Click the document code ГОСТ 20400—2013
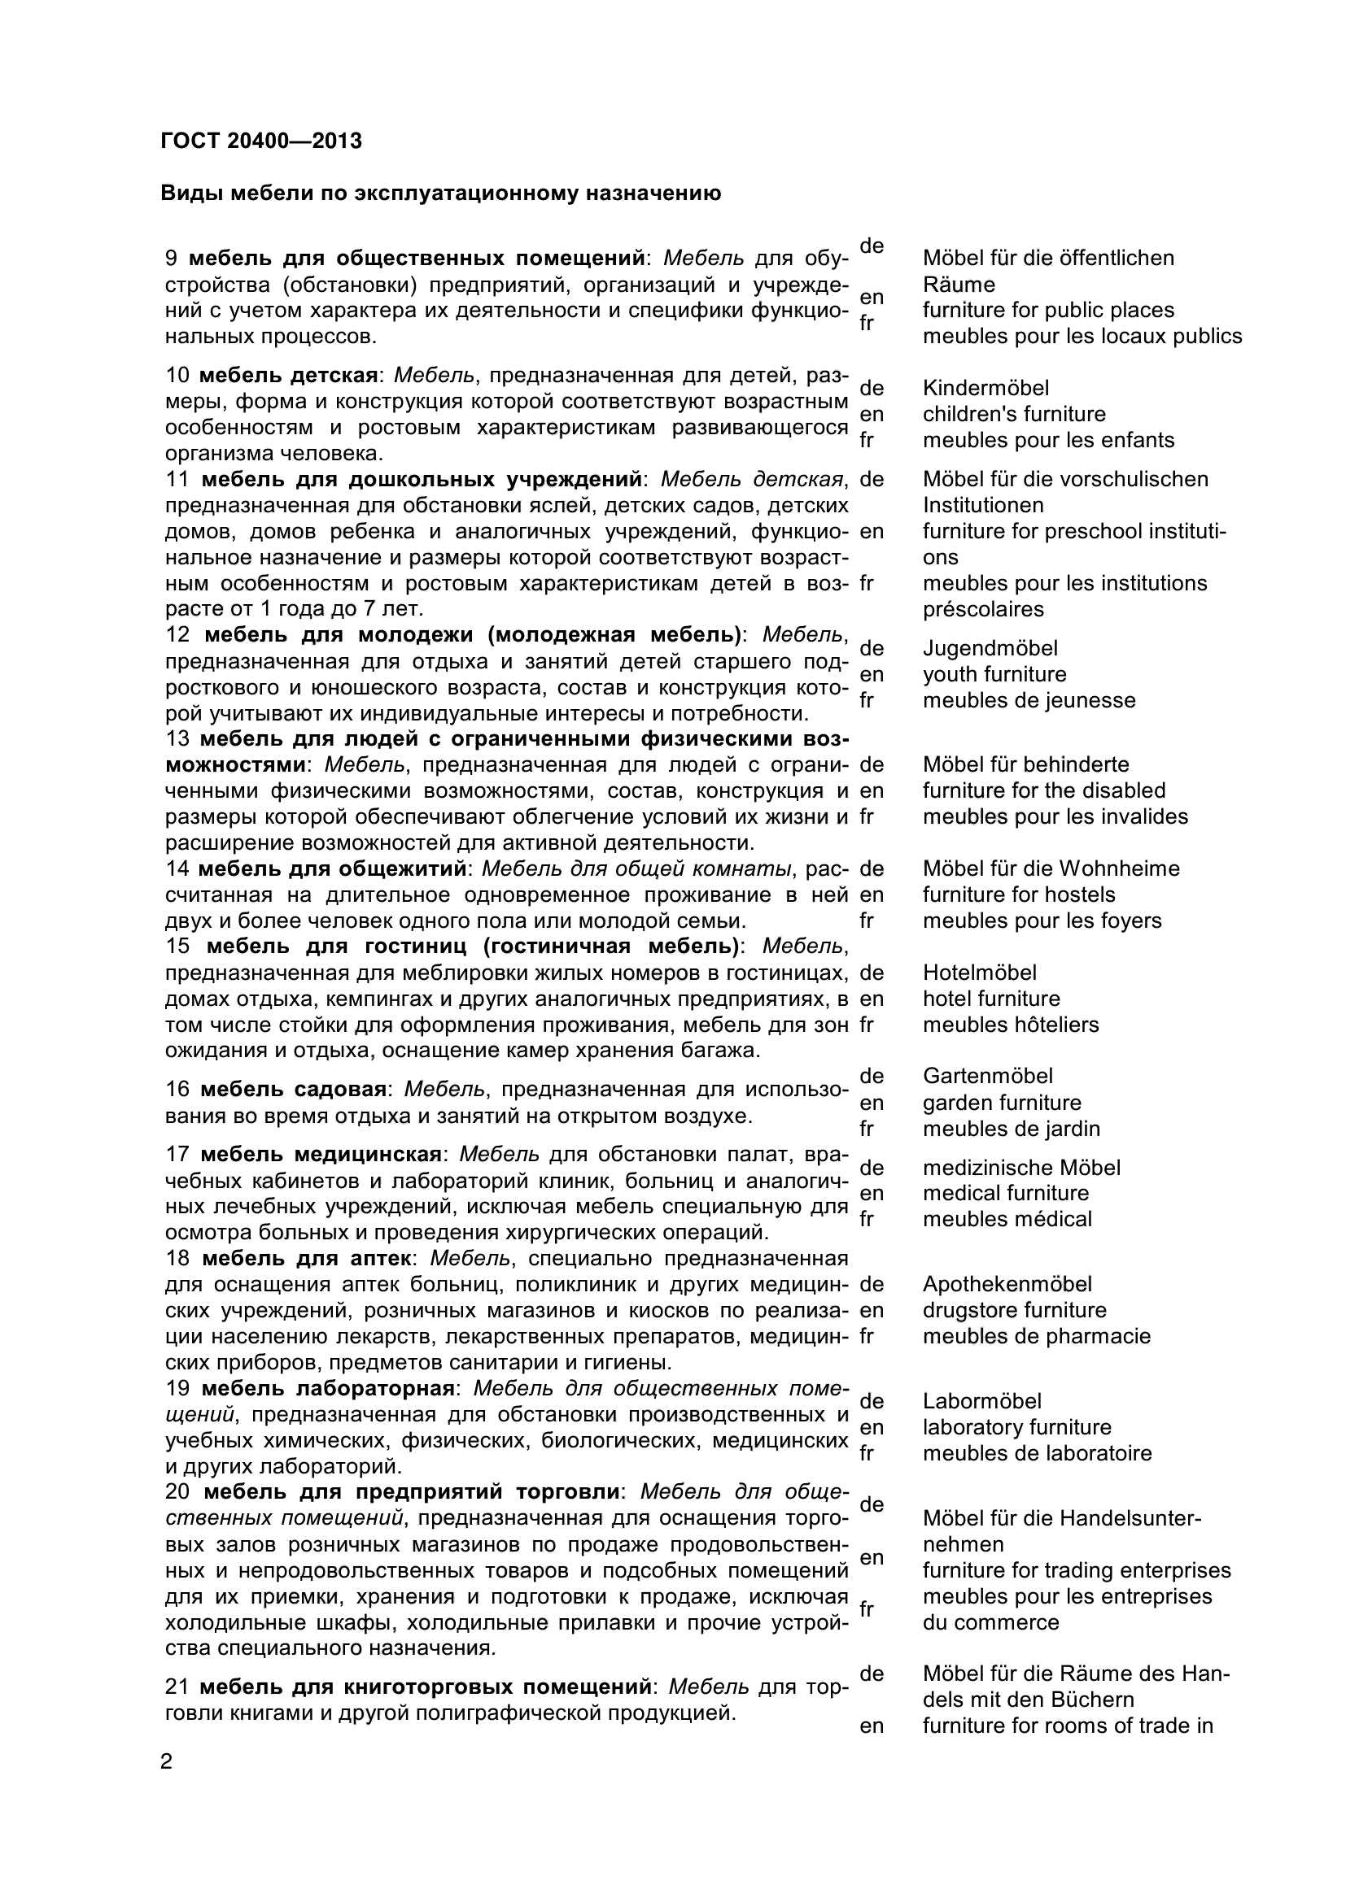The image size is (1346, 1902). (x=261, y=141)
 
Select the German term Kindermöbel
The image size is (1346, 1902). (x=985, y=388)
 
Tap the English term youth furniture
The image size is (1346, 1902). (x=994, y=674)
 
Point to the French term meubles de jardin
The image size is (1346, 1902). (x=1012, y=1129)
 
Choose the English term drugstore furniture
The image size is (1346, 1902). (x=1015, y=1310)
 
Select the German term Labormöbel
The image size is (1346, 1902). (x=982, y=1401)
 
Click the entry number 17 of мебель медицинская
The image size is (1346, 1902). (x=178, y=1154)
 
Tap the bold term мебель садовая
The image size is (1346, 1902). (x=294, y=1089)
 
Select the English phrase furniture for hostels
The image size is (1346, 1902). (x=1019, y=894)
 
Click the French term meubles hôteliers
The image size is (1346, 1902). (x=1011, y=1025)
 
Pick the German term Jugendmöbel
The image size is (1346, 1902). (x=990, y=648)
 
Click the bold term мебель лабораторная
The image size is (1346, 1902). (x=328, y=1387)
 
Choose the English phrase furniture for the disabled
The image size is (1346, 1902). (x=1043, y=790)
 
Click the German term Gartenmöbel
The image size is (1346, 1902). (x=987, y=1076)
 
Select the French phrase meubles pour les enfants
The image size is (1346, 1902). (x=1048, y=440)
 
